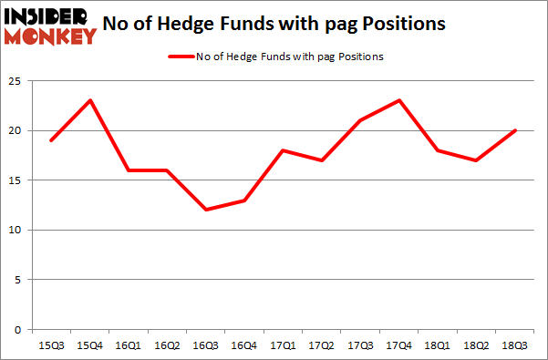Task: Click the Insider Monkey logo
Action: [50, 25]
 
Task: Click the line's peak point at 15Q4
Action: [90, 100]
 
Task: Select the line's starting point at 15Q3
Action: [51, 140]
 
